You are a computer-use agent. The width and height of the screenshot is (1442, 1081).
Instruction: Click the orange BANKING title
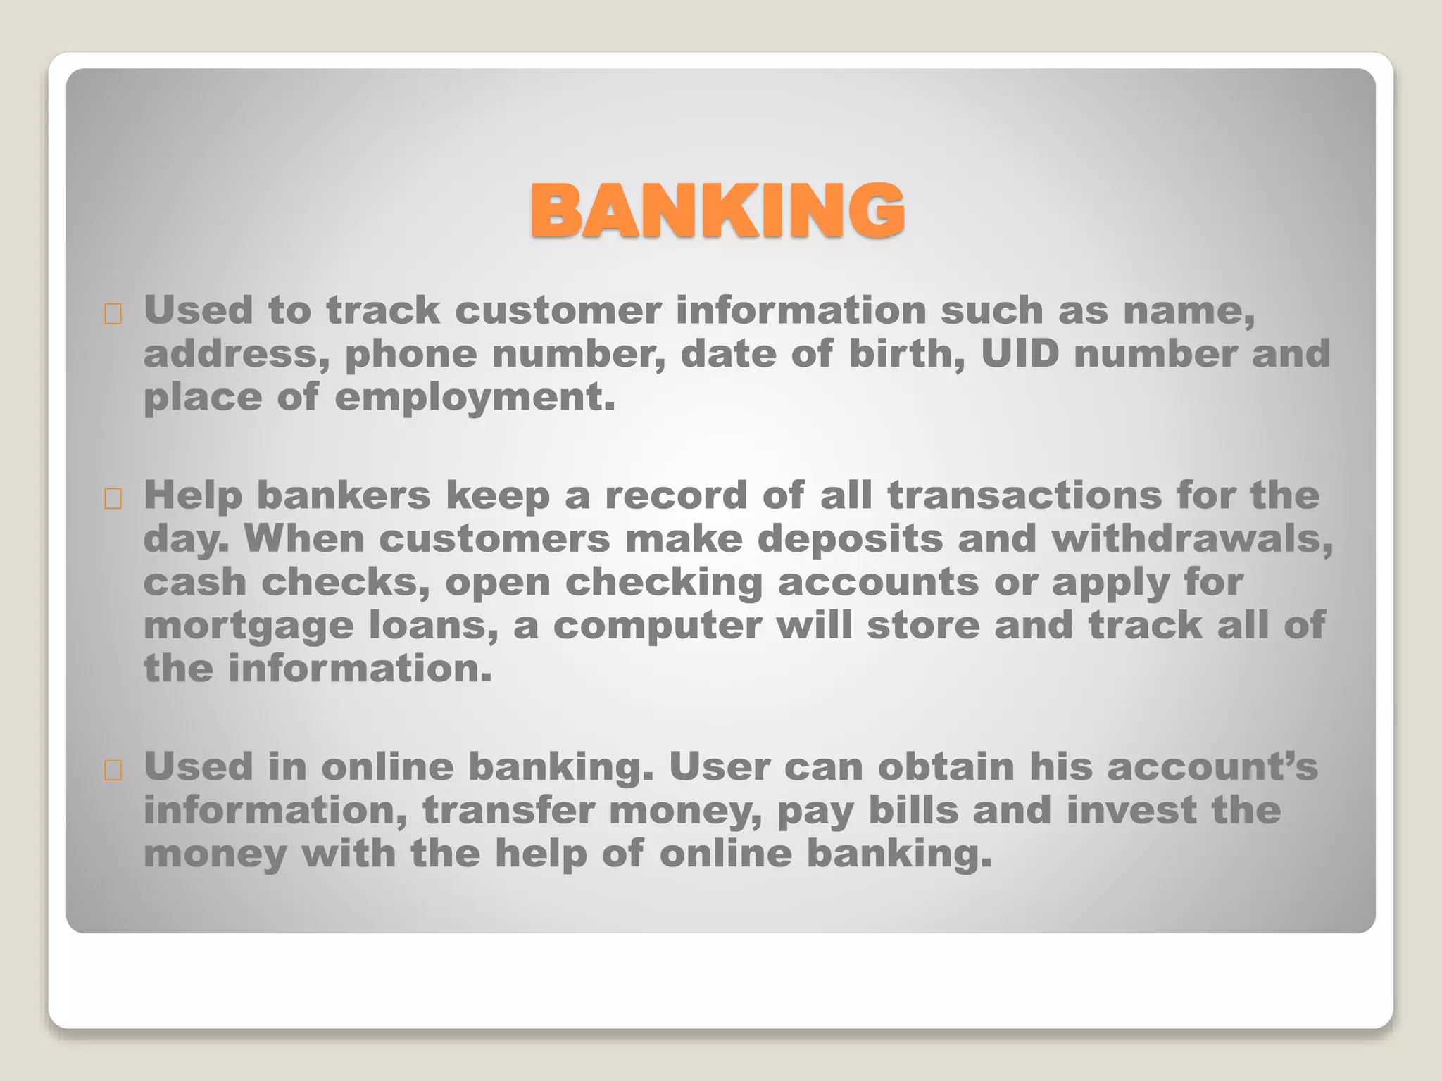point(717,210)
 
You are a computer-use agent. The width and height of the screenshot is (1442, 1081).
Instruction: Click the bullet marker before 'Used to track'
point(113,314)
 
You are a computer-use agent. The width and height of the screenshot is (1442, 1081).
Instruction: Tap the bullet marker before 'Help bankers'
point(113,499)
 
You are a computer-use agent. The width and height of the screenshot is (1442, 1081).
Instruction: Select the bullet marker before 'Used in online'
point(113,771)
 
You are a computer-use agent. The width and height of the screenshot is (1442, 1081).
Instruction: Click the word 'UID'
point(1020,353)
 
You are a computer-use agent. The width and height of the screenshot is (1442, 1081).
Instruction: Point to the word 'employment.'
point(475,397)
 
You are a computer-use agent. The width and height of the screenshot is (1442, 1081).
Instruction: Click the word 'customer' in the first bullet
point(558,310)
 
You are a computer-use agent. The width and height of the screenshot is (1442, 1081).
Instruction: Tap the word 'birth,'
point(907,353)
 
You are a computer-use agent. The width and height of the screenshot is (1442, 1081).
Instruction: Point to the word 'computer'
point(657,625)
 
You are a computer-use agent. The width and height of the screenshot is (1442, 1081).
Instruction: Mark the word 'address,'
point(237,353)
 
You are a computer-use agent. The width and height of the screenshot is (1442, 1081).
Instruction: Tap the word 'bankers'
point(344,495)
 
